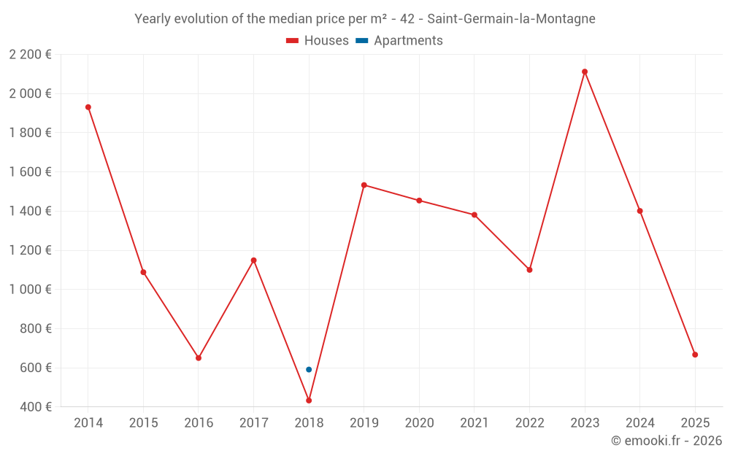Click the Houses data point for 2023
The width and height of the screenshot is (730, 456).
[585, 72]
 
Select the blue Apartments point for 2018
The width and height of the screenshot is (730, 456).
[309, 369]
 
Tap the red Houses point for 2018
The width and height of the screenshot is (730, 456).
[309, 401]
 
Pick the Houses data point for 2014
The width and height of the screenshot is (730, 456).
[88, 107]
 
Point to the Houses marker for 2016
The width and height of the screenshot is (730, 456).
[199, 358]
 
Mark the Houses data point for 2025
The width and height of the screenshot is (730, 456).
[695, 355]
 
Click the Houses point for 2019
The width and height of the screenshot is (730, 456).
[364, 185]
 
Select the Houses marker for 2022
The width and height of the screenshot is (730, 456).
[529, 270]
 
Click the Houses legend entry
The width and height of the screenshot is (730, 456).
[318, 41]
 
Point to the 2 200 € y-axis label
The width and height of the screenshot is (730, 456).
[30, 54]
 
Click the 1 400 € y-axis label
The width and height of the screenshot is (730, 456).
[30, 211]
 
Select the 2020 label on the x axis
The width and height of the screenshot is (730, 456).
[419, 423]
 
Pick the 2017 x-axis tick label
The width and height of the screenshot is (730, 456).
[253, 423]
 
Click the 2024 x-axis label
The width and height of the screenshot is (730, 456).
[639, 423]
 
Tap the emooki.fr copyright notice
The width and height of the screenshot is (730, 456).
[666, 441]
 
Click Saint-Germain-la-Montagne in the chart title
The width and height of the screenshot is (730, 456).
[511, 19]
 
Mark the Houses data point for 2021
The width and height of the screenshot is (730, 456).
[474, 215]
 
